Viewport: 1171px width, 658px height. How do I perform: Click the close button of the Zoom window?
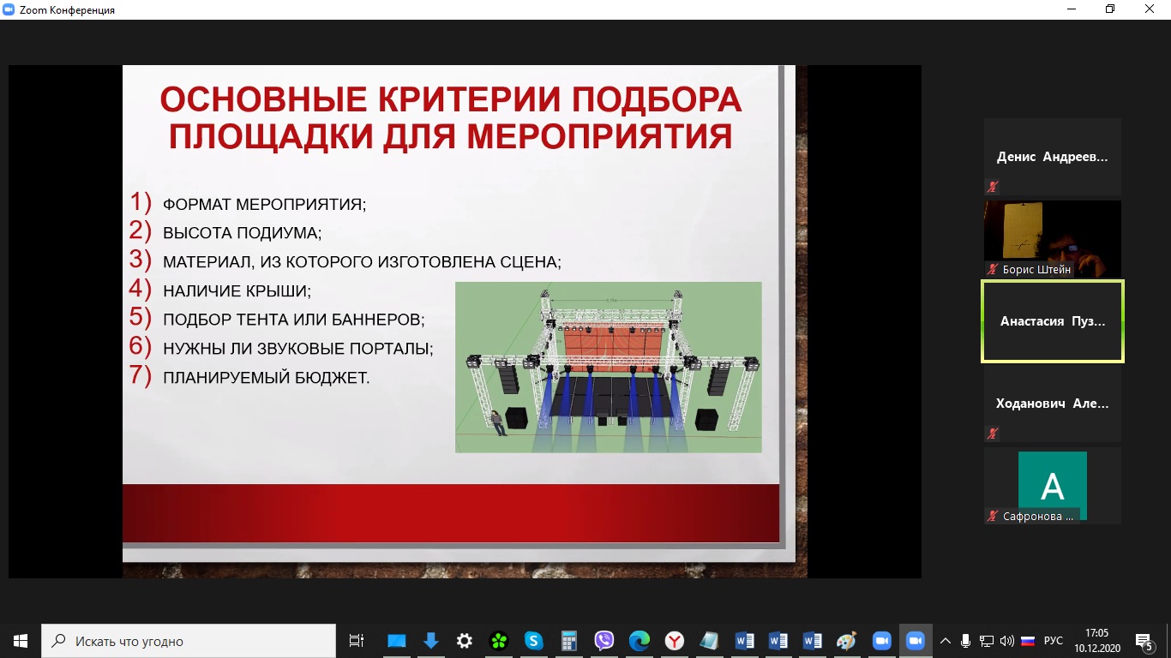tap(1149, 9)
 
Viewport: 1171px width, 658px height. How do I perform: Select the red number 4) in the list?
tap(140, 289)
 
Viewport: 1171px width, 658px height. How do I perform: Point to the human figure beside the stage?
tap(497, 422)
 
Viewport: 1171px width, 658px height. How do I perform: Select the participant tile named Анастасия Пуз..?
tap(1053, 321)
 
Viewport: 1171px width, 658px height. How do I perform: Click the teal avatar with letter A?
tap(1053, 485)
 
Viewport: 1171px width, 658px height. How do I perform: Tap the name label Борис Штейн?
tap(1036, 270)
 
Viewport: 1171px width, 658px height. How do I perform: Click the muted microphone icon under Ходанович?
tap(992, 434)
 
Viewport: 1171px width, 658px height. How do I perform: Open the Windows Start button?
tap(21, 641)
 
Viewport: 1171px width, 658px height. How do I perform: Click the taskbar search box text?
tap(129, 641)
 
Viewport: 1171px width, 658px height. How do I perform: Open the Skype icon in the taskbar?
tap(533, 641)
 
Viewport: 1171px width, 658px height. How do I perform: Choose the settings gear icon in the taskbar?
tap(465, 641)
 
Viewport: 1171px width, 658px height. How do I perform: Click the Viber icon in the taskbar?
tap(604, 641)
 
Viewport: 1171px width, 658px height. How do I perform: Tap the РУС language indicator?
tap(1054, 641)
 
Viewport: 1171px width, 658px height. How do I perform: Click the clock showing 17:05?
tap(1096, 633)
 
